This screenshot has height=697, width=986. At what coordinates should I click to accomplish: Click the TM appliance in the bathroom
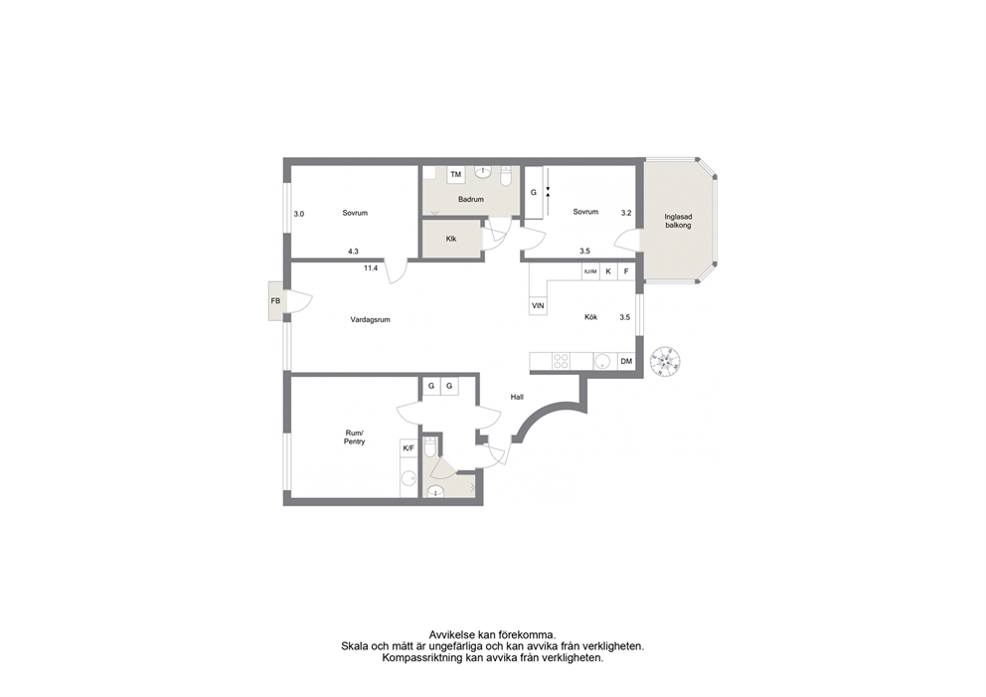[456, 174]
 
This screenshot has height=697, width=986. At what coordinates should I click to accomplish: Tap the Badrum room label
[471, 200]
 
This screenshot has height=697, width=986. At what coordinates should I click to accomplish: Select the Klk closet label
[451, 239]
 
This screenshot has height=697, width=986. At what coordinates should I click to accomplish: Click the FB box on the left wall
[276, 300]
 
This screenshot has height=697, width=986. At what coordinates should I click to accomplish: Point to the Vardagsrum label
[371, 319]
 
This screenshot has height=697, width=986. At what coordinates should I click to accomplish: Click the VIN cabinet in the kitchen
[538, 306]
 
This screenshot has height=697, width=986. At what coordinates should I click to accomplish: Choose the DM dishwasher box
[626, 361]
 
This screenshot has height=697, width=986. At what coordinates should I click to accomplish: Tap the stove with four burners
[561, 361]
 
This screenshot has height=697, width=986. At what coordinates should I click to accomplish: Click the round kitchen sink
[601, 361]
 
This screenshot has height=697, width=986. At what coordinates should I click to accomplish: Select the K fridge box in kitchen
[608, 271]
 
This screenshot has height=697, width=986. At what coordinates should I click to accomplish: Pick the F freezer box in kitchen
[626, 271]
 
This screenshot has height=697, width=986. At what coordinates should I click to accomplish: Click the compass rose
[666, 362]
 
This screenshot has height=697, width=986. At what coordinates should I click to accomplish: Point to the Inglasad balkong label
[678, 221]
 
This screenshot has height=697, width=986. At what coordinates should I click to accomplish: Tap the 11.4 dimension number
[371, 268]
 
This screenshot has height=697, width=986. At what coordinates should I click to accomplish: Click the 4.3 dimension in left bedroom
[354, 251]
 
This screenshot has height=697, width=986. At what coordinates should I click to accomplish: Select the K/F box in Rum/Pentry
[409, 448]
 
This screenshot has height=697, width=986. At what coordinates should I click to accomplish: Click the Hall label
[517, 397]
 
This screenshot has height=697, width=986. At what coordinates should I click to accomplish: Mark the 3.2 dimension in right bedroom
[626, 213]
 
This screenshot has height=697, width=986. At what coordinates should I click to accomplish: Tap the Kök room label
[591, 317]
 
